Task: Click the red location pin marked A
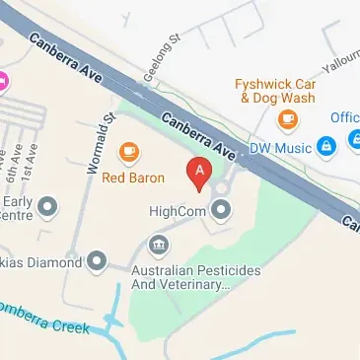coord(200,174)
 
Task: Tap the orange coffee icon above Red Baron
coord(128,152)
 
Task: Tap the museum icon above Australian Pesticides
coord(156,243)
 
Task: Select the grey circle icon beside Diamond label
coord(96,261)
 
